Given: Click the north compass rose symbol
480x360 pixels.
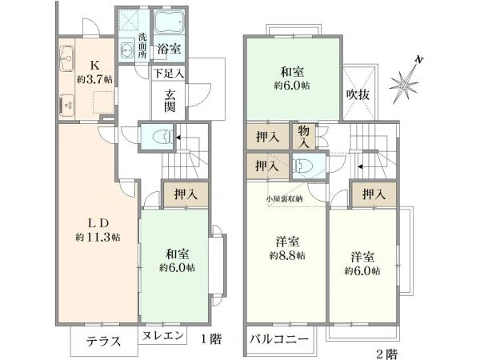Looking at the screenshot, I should click(x=406, y=82).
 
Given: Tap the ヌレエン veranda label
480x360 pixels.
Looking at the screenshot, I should click(x=165, y=337).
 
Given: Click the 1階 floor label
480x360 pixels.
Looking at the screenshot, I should click(x=210, y=338).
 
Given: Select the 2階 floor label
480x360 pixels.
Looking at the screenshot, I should click(x=385, y=353).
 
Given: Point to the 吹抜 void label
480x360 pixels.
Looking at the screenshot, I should click(x=357, y=94).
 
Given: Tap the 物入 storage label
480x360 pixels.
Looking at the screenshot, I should click(x=304, y=136).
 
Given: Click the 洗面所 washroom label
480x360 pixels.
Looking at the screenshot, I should click(x=141, y=46).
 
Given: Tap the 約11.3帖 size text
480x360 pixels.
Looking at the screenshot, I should click(x=98, y=238).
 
